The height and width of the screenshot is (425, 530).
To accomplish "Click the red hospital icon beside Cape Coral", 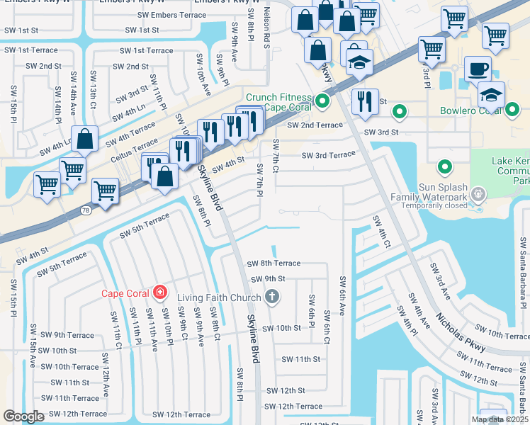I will (161, 291).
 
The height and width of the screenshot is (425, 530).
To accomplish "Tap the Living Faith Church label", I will (220, 297).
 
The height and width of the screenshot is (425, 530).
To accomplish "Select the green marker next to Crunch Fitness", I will (322, 101).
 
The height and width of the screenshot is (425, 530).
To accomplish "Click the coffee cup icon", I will (477, 69).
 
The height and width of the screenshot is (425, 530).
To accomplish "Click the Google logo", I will (23, 416).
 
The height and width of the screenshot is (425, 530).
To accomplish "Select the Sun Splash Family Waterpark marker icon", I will (479, 193).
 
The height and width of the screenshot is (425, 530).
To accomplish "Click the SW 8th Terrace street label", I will (274, 263).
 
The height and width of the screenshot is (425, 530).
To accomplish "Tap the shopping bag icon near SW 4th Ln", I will (84, 140).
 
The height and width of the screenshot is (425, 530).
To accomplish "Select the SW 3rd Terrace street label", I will (328, 155).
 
